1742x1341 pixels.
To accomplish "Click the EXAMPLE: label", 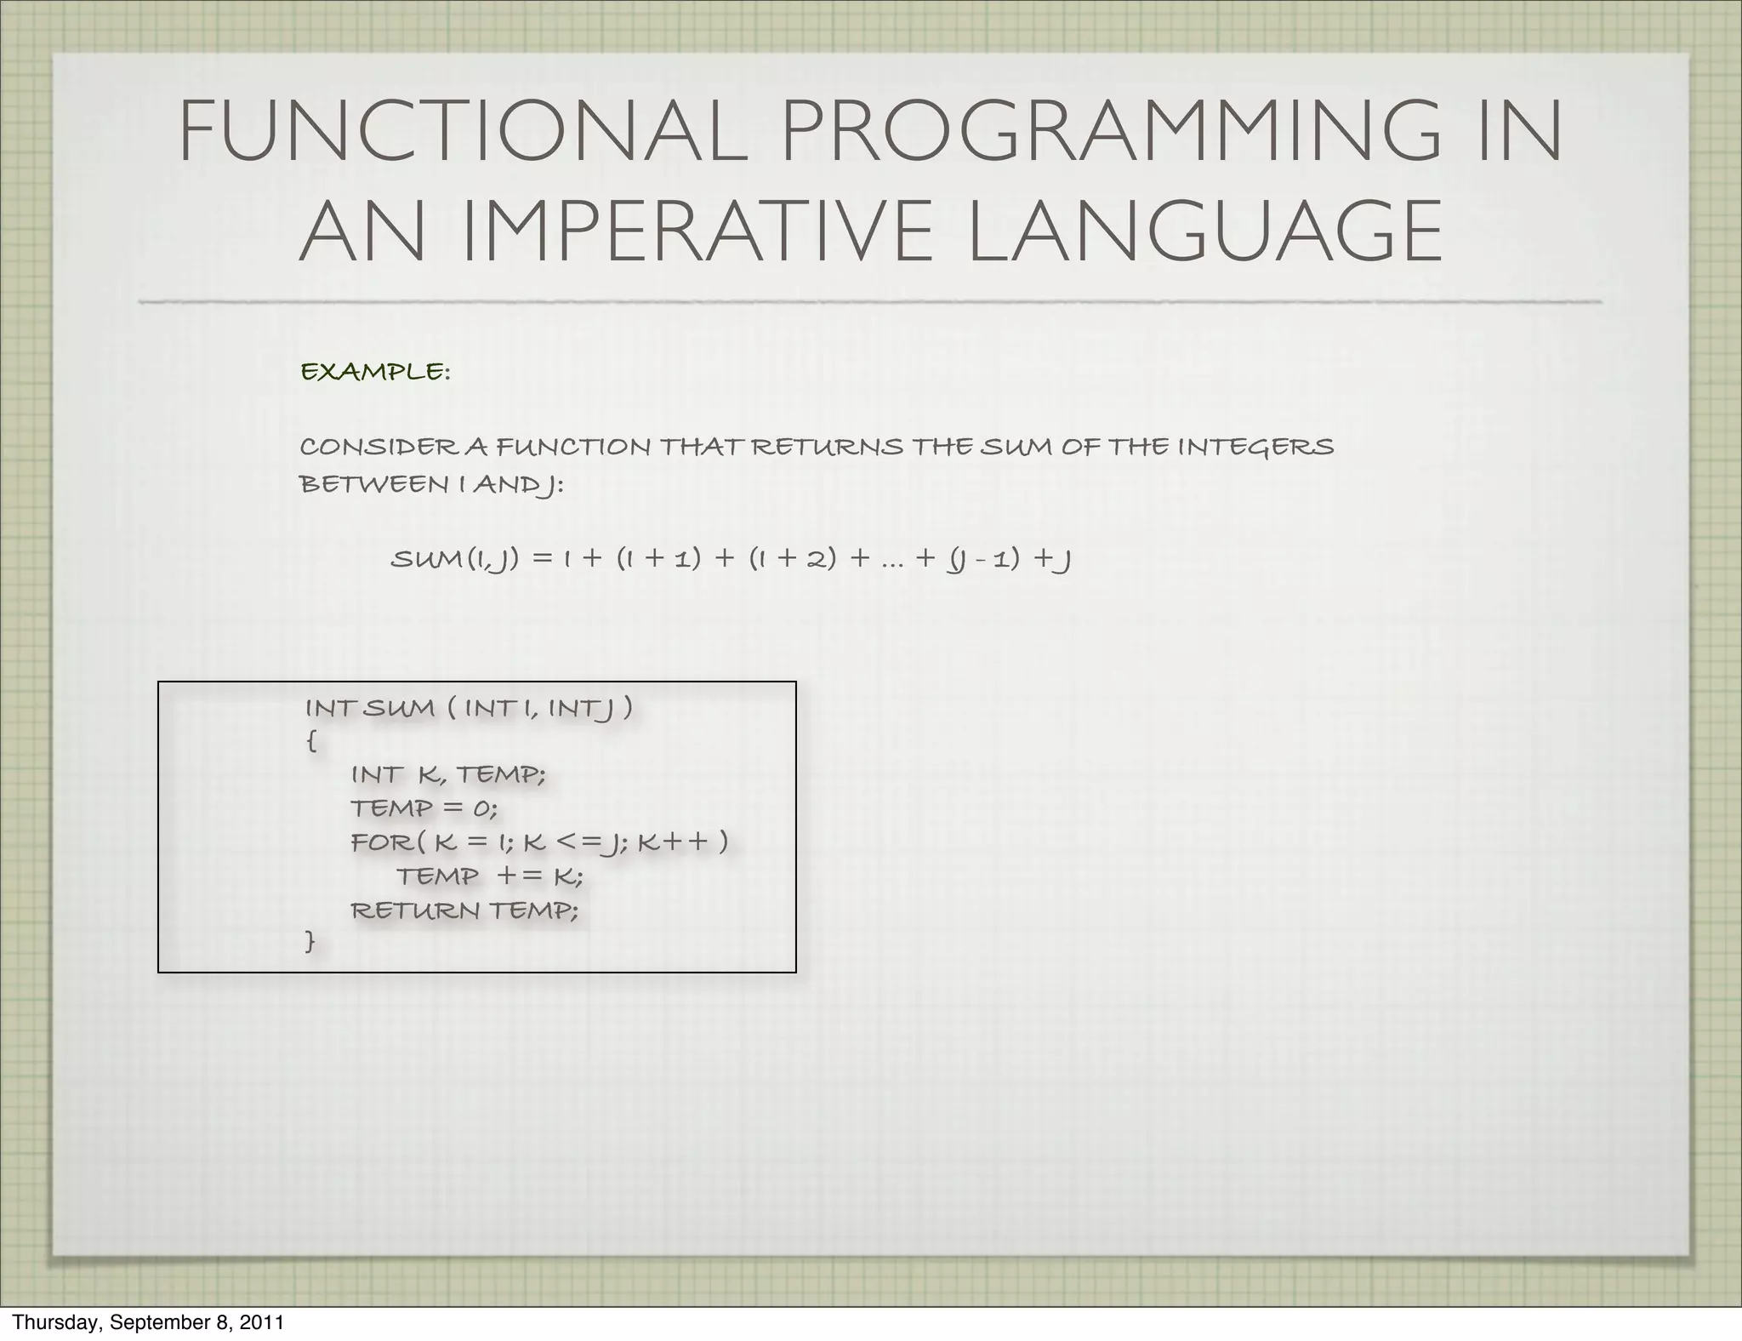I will (x=375, y=372).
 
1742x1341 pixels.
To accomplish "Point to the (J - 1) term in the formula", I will (x=982, y=559).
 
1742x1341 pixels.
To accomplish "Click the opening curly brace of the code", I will (x=310, y=741).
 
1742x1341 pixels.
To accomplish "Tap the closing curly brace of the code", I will (x=310, y=941).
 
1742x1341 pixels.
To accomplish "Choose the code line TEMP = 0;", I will (x=423, y=807).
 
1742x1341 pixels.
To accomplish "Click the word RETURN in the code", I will (x=416, y=910).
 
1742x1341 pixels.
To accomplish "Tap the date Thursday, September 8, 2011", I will (x=148, y=1322).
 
